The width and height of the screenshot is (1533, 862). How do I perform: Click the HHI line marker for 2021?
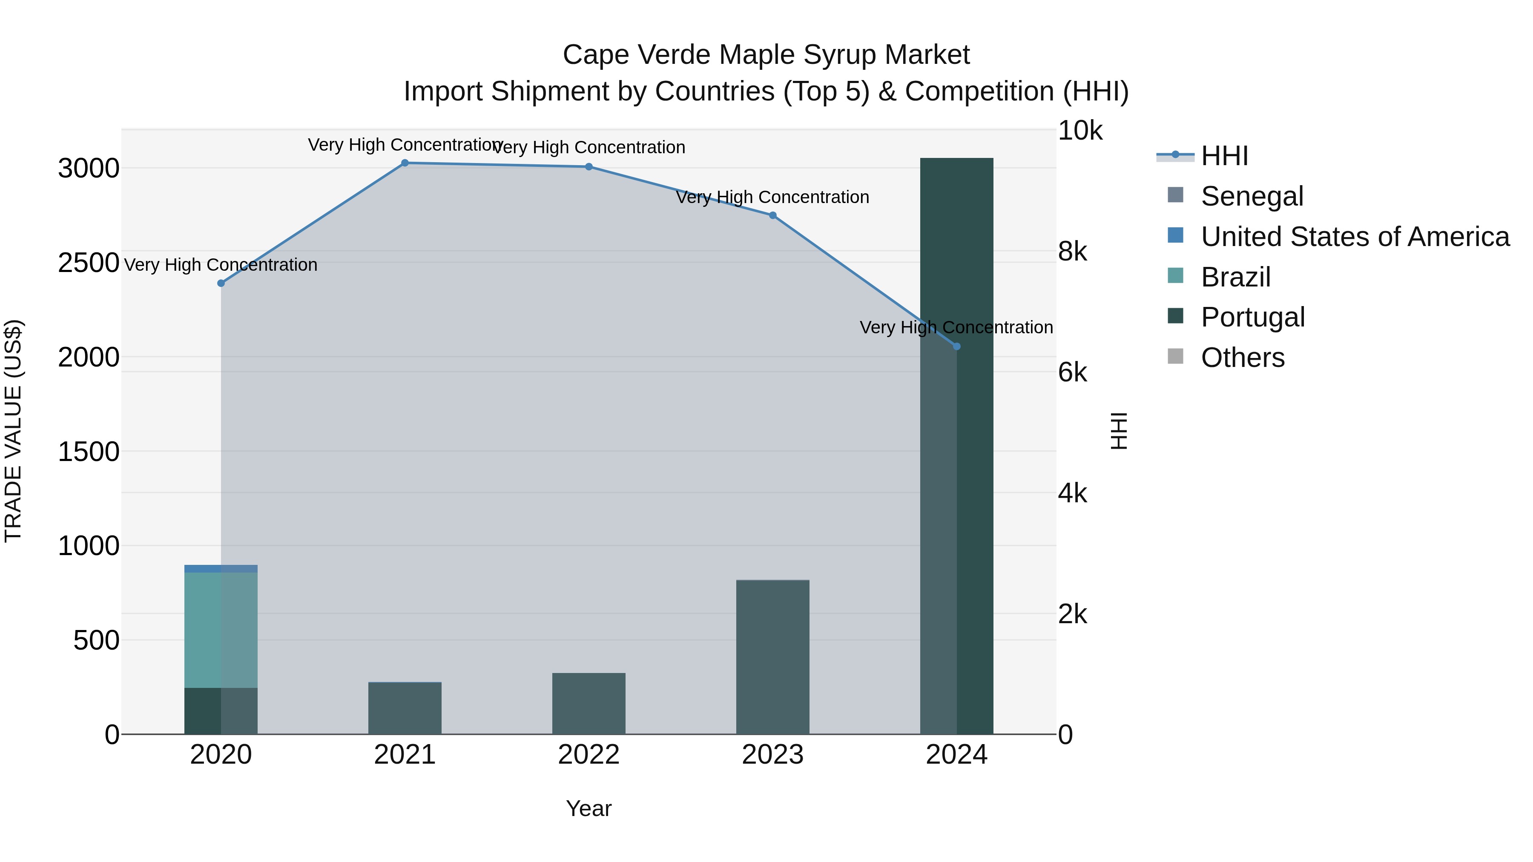tap(405, 163)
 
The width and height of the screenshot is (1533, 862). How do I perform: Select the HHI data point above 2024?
tap(956, 346)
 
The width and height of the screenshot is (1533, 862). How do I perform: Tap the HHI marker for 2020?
tap(221, 283)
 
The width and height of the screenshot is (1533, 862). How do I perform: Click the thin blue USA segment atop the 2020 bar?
tap(221, 569)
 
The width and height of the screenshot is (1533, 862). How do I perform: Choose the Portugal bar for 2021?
tap(405, 708)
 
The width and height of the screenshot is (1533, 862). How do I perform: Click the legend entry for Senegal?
tap(1252, 196)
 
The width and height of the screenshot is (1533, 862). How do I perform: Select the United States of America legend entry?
tap(1355, 237)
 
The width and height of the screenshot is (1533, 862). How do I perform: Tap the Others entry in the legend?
tap(1243, 358)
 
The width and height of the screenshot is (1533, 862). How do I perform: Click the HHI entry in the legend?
tap(1224, 156)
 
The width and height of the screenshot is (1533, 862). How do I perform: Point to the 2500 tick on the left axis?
tap(88, 262)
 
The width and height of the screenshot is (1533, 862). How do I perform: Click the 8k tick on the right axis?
tap(1072, 252)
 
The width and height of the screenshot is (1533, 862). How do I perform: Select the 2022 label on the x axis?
tap(589, 755)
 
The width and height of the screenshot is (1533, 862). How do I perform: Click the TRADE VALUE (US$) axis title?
tap(13, 431)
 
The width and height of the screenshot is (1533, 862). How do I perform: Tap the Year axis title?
tap(589, 808)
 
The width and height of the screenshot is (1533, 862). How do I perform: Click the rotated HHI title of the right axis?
tap(1119, 431)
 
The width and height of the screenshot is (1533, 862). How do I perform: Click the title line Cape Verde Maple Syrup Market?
tap(766, 55)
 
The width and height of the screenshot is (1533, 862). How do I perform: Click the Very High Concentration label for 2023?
tap(772, 197)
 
